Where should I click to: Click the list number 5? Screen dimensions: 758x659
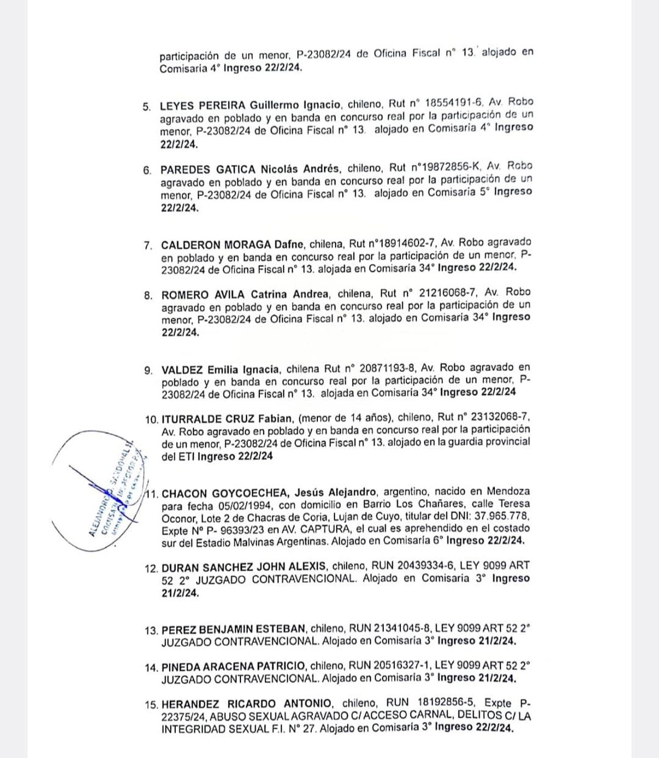click(x=146, y=107)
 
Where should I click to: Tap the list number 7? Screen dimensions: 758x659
click(x=147, y=246)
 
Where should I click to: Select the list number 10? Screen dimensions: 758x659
click(x=151, y=419)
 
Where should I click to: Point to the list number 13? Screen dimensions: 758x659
click(x=152, y=630)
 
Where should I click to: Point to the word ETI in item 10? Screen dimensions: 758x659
click(x=185, y=457)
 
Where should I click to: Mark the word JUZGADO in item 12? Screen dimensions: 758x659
click(x=214, y=579)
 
